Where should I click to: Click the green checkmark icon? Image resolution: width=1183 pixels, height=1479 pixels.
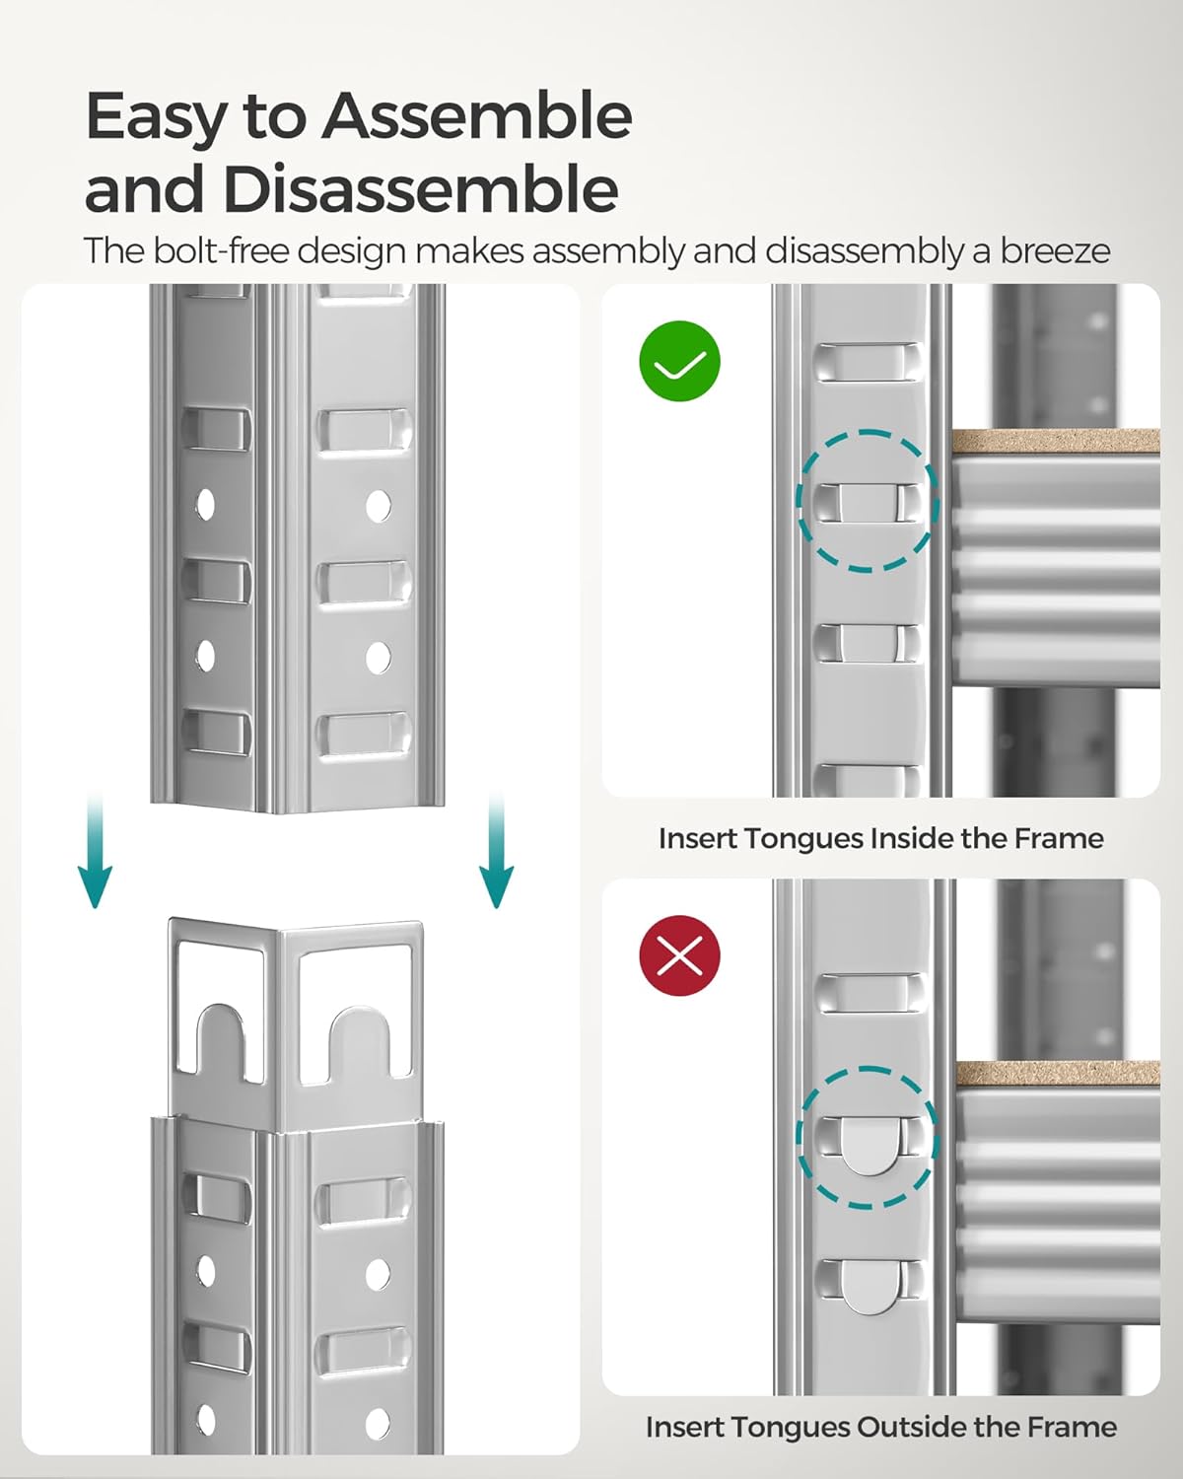point(680,361)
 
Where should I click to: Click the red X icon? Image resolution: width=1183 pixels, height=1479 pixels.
point(680,954)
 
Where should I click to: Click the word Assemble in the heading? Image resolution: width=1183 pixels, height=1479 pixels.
point(477,116)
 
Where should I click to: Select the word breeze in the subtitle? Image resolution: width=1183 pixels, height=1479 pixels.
point(1055,251)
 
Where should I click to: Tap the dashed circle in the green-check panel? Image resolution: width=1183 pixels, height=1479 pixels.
point(868,501)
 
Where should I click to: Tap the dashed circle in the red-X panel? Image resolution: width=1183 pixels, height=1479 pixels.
point(868,1137)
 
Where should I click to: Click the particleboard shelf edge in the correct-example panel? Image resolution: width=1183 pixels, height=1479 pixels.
point(1055,441)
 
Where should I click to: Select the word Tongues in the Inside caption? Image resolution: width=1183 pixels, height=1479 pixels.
point(800,838)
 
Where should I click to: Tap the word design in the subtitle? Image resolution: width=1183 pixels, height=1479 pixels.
point(351,251)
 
